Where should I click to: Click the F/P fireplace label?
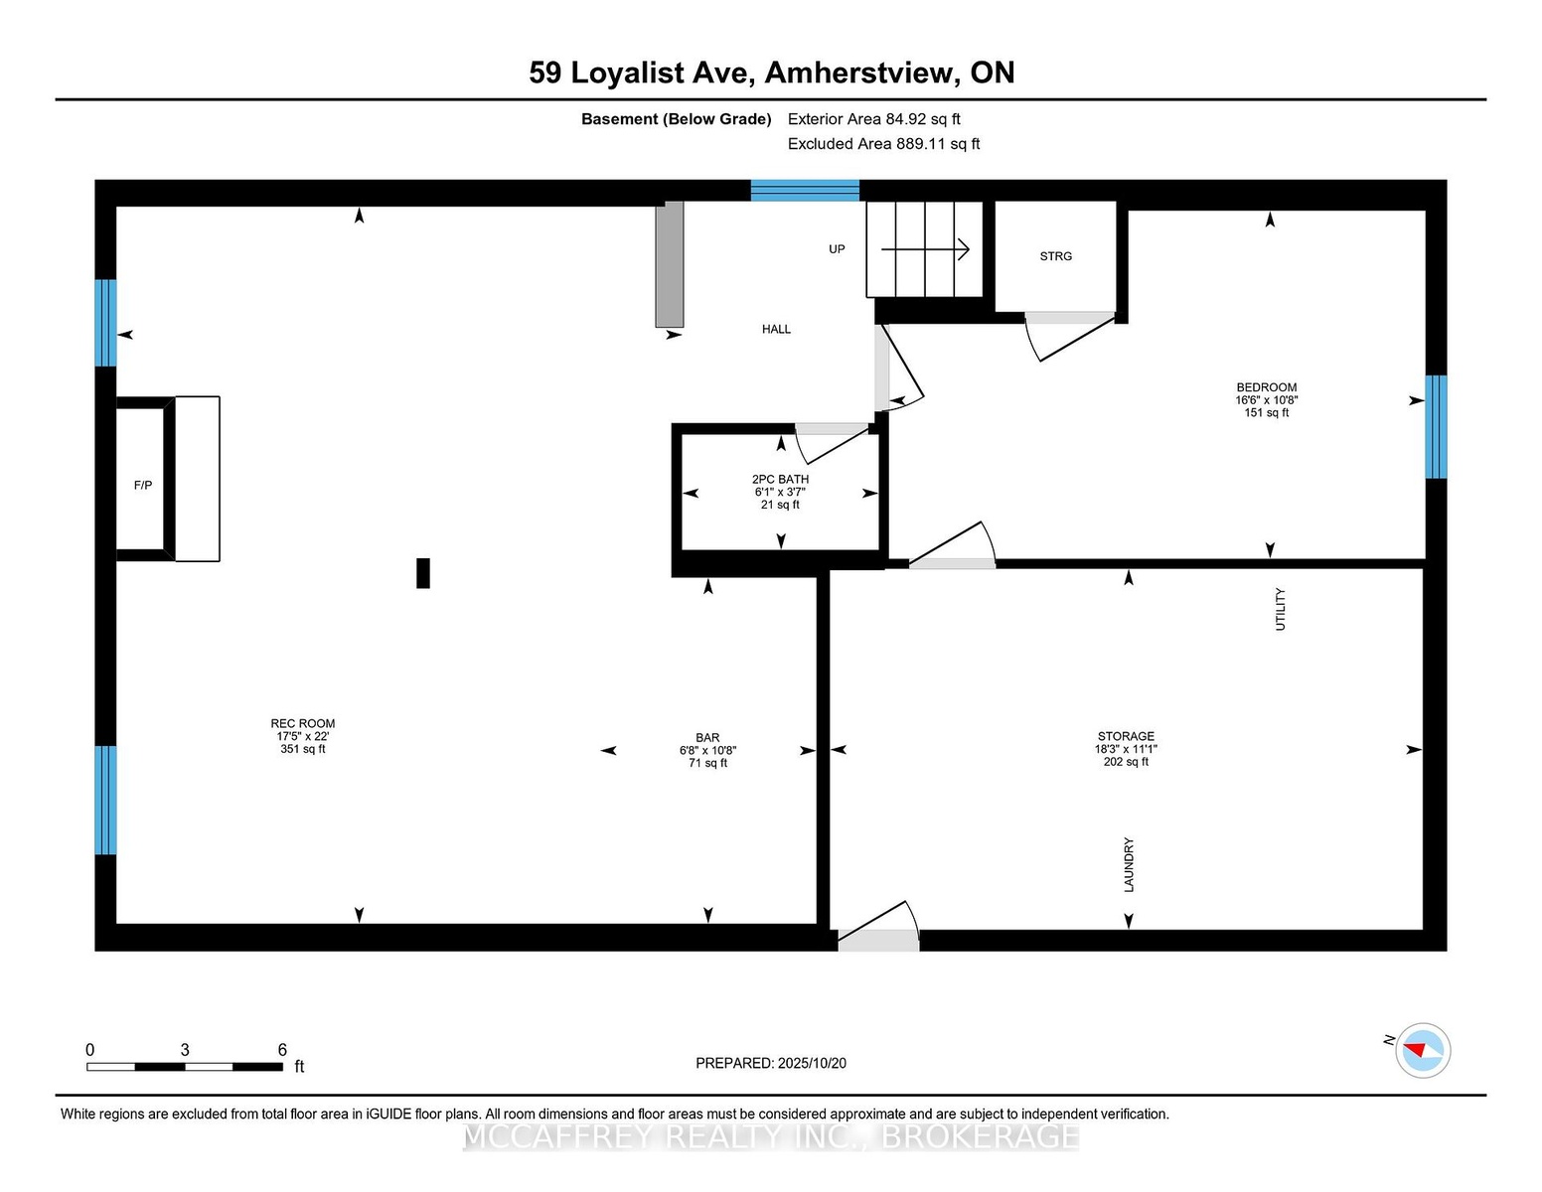(x=143, y=485)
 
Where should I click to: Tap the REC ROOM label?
(x=303, y=724)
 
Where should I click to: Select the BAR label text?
(x=707, y=738)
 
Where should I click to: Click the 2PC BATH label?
(x=780, y=479)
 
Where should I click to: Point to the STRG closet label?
(x=1055, y=256)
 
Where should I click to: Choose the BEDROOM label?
(x=1266, y=387)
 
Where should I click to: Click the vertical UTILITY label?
(x=1280, y=609)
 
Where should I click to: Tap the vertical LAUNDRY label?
(x=1129, y=864)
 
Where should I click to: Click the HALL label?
(x=776, y=329)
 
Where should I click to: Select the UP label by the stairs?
(x=837, y=249)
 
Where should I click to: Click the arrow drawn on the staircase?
(x=925, y=249)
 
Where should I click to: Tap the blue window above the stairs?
(x=805, y=191)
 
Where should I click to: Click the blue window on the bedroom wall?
(x=1436, y=426)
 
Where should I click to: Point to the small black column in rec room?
(x=422, y=573)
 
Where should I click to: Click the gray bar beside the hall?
(x=670, y=264)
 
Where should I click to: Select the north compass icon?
(x=1422, y=1050)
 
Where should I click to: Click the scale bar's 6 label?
(x=282, y=1050)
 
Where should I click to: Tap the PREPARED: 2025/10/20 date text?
(x=771, y=1063)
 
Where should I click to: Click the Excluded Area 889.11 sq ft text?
(x=883, y=144)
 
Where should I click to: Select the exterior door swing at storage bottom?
(x=878, y=930)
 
